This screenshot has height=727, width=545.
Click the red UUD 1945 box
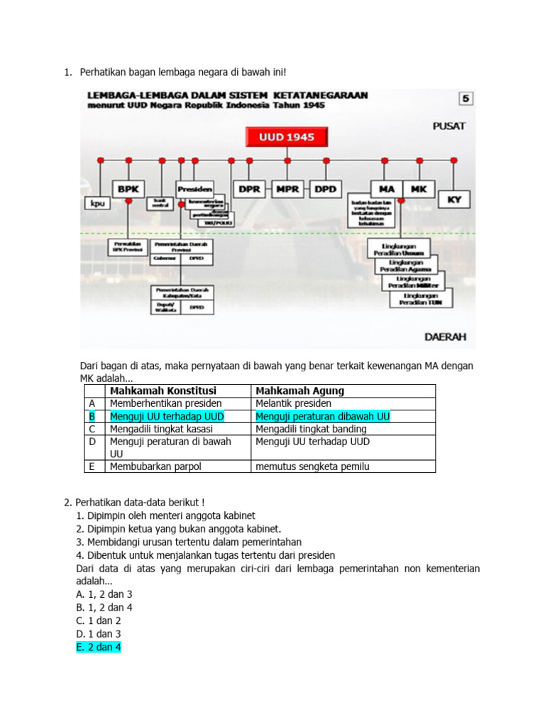(287, 136)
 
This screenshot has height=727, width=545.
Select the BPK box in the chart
(128, 190)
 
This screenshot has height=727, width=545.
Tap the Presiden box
(195, 190)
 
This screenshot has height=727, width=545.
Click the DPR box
(250, 190)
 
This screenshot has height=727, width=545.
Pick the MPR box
(287, 190)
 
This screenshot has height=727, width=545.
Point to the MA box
(386, 190)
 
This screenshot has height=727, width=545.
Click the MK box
(419, 190)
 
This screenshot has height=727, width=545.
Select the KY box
(454, 199)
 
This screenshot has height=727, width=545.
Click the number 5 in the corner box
(466, 99)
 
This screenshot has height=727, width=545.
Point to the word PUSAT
(449, 126)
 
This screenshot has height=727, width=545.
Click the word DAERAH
(445, 337)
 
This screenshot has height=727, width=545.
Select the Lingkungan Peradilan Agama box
(402, 266)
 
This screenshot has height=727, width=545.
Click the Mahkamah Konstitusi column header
(163, 391)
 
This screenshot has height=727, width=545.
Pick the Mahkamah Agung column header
(299, 391)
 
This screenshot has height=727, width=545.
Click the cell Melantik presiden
(292, 403)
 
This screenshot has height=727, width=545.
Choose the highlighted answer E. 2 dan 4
(99, 647)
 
